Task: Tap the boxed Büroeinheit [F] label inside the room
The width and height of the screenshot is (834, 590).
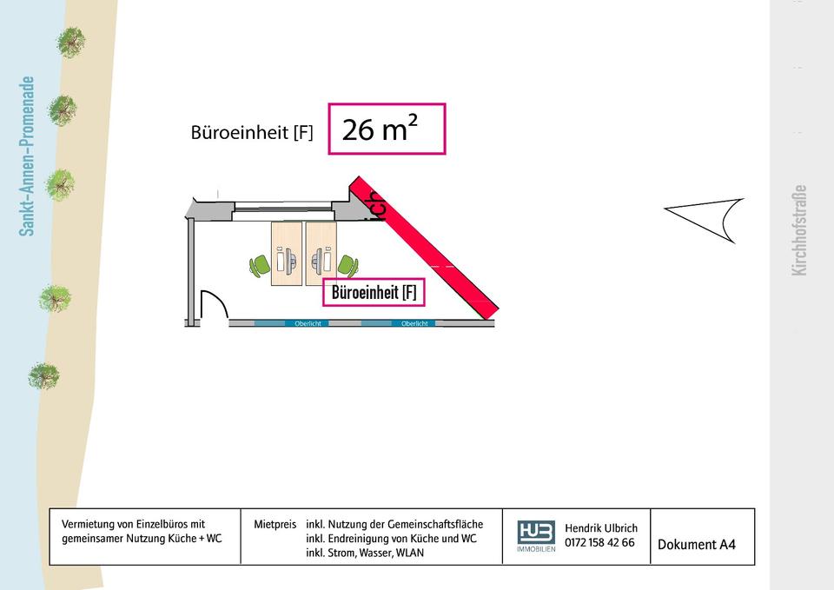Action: pyautogui.click(x=374, y=293)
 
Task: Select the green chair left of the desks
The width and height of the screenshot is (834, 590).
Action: pyautogui.click(x=260, y=264)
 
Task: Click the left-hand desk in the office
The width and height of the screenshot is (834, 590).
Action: pyautogui.click(x=286, y=254)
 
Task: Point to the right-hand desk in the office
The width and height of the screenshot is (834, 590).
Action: pyautogui.click(x=321, y=254)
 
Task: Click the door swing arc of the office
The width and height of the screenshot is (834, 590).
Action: pyautogui.click(x=214, y=307)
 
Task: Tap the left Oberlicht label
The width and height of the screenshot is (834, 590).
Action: pyautogui.click(x=308, y=323)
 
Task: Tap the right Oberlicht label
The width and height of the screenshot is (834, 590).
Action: pyautogui.click(x=414, y=323)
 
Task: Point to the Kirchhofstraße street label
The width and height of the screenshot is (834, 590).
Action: pyautogui.click(x=800, y=230)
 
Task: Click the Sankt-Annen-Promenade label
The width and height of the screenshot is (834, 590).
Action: pyautogui.click(x=28, y=156)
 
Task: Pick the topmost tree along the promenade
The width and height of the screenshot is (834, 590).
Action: pyautogui.click(x=70, y=41)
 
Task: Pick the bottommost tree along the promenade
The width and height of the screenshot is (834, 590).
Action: pyautogui.click(x=43, y=375)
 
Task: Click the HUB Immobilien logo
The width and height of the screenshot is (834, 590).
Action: pyautogui.click(x=536, y=535)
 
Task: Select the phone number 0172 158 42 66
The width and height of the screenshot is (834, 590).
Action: pyautogui.click(x=599, y=543)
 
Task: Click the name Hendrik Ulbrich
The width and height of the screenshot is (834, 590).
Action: pyautogui.click(x=601, y=527)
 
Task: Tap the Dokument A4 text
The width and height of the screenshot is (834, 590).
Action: pyautogui.click(x=696, y=545)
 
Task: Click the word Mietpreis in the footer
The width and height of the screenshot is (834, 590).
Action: pyautogui.click(x=274, y=525)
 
